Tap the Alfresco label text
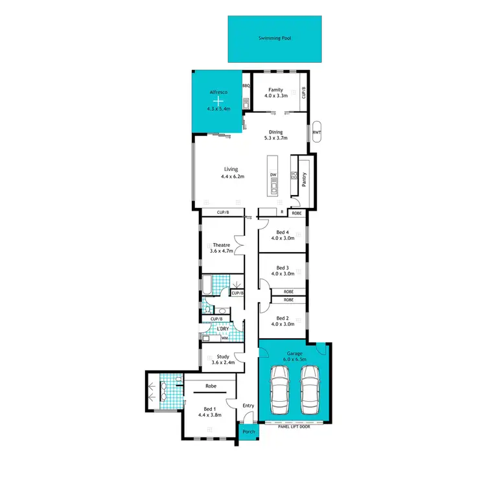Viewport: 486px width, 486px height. [x=219, y=93]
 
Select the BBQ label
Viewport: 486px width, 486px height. [x=246, y=86]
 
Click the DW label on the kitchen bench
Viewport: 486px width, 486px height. [x=273, y=175]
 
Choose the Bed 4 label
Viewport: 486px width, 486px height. [x=282, y=232]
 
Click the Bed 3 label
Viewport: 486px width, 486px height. [x=282, y=268]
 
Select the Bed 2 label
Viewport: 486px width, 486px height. [x=282, y=318]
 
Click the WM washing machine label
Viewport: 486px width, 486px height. [x=224, y=338]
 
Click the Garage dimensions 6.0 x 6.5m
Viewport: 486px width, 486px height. [x=294, y=358]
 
